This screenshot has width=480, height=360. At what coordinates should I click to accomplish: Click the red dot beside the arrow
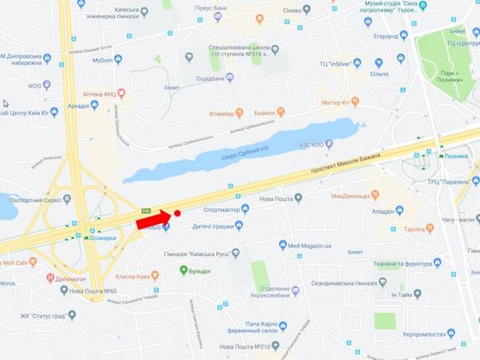pyautogui.click(x=176, y=212)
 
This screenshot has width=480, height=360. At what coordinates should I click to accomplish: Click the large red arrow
pyautogui.click(x=153, y=222)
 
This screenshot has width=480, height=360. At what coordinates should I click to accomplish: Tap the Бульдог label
pyautogui.click(x=202, y=271)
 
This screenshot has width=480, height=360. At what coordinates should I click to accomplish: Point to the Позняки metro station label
pyautogui.click(x=459, y=158)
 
